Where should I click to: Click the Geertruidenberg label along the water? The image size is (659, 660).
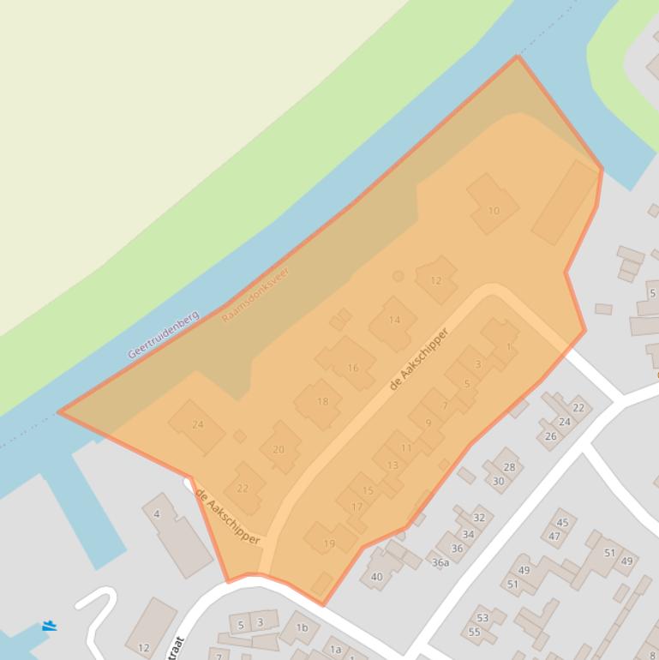coord(163,334)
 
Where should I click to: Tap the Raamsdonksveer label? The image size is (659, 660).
coord(255,295)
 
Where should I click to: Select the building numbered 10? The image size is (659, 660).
coord(493,210)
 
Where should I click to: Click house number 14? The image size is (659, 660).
coord(394,321)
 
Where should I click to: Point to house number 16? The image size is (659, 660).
coord(352,368)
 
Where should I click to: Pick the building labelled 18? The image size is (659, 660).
coord(322,401)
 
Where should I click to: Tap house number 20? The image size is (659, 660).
coord(278,449)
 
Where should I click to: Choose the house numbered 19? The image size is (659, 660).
coord(329,543)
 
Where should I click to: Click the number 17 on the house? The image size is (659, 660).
coord(357,507)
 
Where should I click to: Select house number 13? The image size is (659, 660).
coord(392,465)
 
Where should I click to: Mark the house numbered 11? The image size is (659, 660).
coord(406,447)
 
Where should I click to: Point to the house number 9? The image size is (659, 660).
coord(428,422)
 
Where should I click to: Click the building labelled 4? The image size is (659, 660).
coord(157,514)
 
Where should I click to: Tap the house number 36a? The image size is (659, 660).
coord(440,562)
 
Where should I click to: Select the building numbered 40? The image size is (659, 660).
coord(377,577)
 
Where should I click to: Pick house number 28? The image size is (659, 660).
coord(509,467)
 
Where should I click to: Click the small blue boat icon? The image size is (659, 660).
coord(50,627)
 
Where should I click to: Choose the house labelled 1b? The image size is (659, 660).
coord(302,627)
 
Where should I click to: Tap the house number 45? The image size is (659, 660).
coord(562,522)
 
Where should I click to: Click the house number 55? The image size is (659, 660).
coord(474,632)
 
